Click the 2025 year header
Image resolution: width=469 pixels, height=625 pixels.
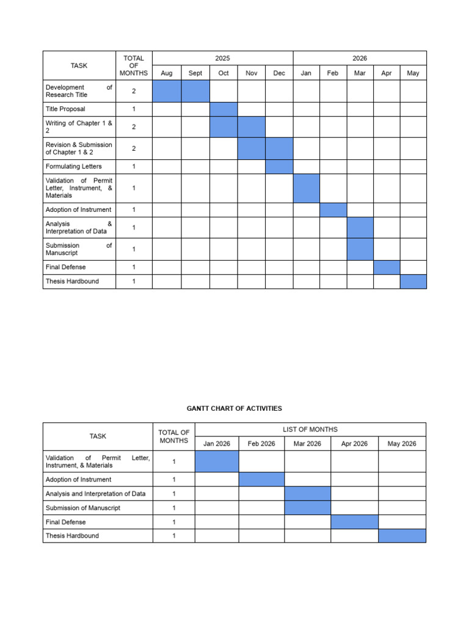pos(222,58)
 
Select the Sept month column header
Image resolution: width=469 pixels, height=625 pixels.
pos(195,73)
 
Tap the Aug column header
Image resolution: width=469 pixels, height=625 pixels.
pos(167,73)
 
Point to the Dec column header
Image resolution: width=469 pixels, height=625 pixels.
pos(279,73)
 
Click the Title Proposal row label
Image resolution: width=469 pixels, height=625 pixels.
pos(65,109)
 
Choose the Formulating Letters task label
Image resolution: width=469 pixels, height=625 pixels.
pos(74,167)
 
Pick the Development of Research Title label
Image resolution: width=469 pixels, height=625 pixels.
pos(79,91)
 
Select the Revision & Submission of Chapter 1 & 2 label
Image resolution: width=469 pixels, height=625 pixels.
pos(79,148)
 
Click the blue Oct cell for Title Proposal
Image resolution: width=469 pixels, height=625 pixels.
pos(224,109)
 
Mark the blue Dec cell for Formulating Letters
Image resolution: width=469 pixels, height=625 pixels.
pos(279,167)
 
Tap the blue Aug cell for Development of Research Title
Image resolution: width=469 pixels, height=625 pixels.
pos(167,91)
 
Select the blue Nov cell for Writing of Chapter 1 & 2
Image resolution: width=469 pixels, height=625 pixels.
pos(251,127)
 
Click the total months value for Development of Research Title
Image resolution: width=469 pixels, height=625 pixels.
pos(134,91)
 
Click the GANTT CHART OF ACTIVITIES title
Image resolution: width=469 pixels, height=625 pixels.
pos(234,408)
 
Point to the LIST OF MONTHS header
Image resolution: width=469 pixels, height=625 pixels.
pos(310,429)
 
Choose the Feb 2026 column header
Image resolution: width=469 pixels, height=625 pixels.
pos(261,444)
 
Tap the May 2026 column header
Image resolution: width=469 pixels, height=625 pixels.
pos(402,444)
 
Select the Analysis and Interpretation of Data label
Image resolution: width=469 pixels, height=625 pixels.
pos(96,494)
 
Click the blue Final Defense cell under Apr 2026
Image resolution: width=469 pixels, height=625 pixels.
pos(354,522)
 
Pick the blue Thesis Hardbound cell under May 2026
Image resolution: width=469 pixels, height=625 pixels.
pos(402,536)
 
